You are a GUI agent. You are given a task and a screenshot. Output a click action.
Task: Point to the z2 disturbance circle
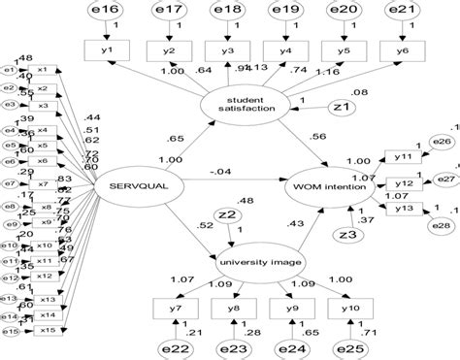tap(227, 218)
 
